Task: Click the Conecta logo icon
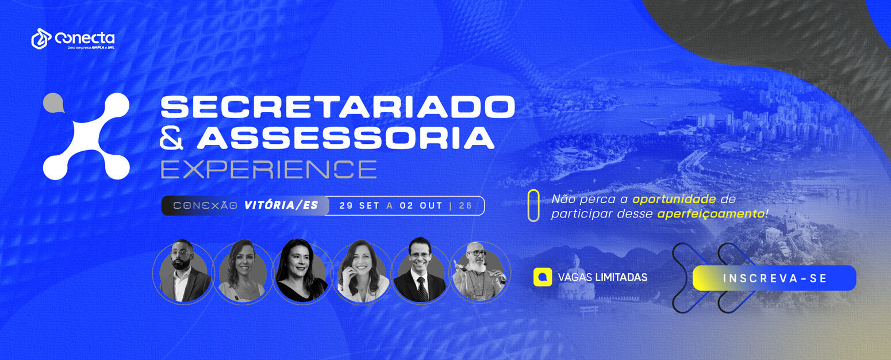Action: [x=41, y=39]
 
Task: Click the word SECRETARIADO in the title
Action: [x=337, y=107]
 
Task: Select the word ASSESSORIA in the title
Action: [x=345, y=138]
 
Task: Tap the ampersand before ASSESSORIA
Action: [x=172, y=139]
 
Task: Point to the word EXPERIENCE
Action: [x=269, y=170]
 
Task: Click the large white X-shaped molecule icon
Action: [x=86, y=136]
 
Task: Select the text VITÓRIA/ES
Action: [x=281, y=205]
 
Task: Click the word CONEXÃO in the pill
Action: [x=205, y=206]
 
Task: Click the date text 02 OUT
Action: [x=421, y=206]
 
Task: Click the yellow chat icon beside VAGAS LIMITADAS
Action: [x=543, y=277]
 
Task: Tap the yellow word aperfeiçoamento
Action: [x=711, y=214]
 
